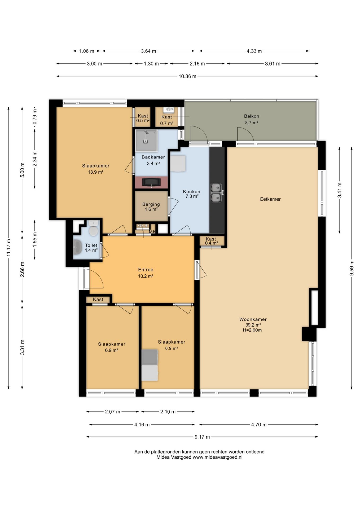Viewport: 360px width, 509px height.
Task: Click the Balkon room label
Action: pyautogui.click(x=251, y=116)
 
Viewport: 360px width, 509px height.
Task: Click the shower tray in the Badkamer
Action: pyautogui.click(x=146, y=141)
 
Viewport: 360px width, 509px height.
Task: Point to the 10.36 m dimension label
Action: pyautogui.click(x=187, y=76)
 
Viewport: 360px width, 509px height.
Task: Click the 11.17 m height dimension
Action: pyautogui.click(x=9, y=248)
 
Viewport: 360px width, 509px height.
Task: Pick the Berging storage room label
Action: pyautogui.click(x=151, y=204)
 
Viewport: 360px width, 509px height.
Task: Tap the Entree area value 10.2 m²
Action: pyautogui.click(x=146, y=276)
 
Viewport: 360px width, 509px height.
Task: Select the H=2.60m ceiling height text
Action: pyautogui.click(x=252, y=330)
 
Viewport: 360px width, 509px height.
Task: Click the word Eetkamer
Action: pyautogui.click(x=270, y=199)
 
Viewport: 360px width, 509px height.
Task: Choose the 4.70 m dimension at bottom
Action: pyautogui.click(x=259, y=424)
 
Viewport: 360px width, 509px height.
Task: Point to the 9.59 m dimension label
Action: pyautogui.click(x=352, y=268)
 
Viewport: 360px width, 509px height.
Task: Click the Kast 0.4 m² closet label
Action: pyautogui.click(x=211, y=241)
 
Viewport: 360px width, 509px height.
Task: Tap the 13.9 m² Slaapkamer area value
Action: pyautogui.click(x=96, y=172)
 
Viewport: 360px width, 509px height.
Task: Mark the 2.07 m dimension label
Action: pyautogui.click(x=112, y=412)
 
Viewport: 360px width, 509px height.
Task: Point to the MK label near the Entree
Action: pyautogui.click(x=152, y=232)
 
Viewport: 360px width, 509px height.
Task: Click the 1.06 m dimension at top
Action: pyautogui.click(x=87, y=51)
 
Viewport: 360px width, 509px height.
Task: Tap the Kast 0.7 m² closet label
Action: pyautogui.click(x=167, y=120)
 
